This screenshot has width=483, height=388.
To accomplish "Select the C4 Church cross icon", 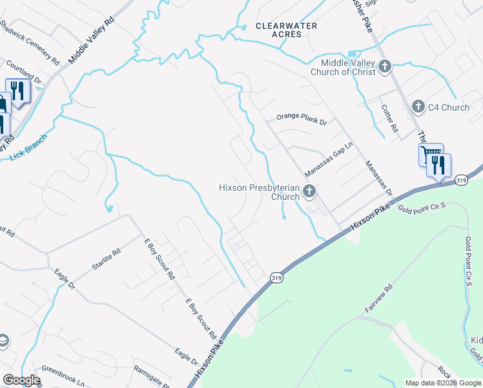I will [418, 107].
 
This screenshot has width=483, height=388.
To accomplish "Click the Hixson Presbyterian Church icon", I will [310, 191].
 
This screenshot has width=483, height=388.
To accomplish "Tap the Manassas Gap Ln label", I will [329, 161].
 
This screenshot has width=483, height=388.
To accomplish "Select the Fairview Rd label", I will [378, 300].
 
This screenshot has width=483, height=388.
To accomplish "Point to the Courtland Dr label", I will [24, 73].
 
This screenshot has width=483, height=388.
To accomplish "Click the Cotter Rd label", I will [388, 118].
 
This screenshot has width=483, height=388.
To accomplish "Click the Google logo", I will [21, 380].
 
